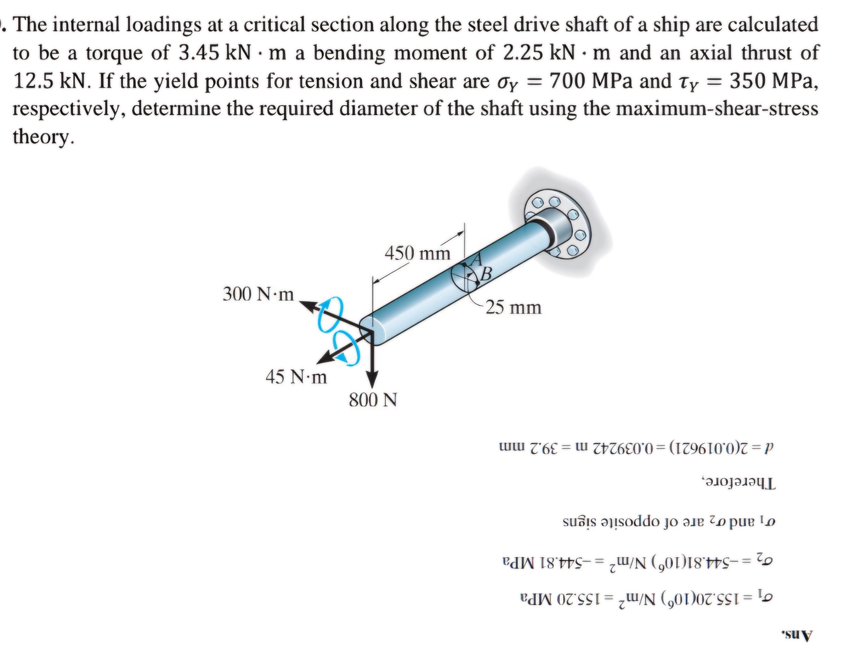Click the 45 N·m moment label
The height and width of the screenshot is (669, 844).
coord(296,377)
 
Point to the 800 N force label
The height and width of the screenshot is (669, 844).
coord(373,400)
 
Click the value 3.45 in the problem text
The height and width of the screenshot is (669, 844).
coord(199,53)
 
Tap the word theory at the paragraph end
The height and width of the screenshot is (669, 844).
coord(43,137)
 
